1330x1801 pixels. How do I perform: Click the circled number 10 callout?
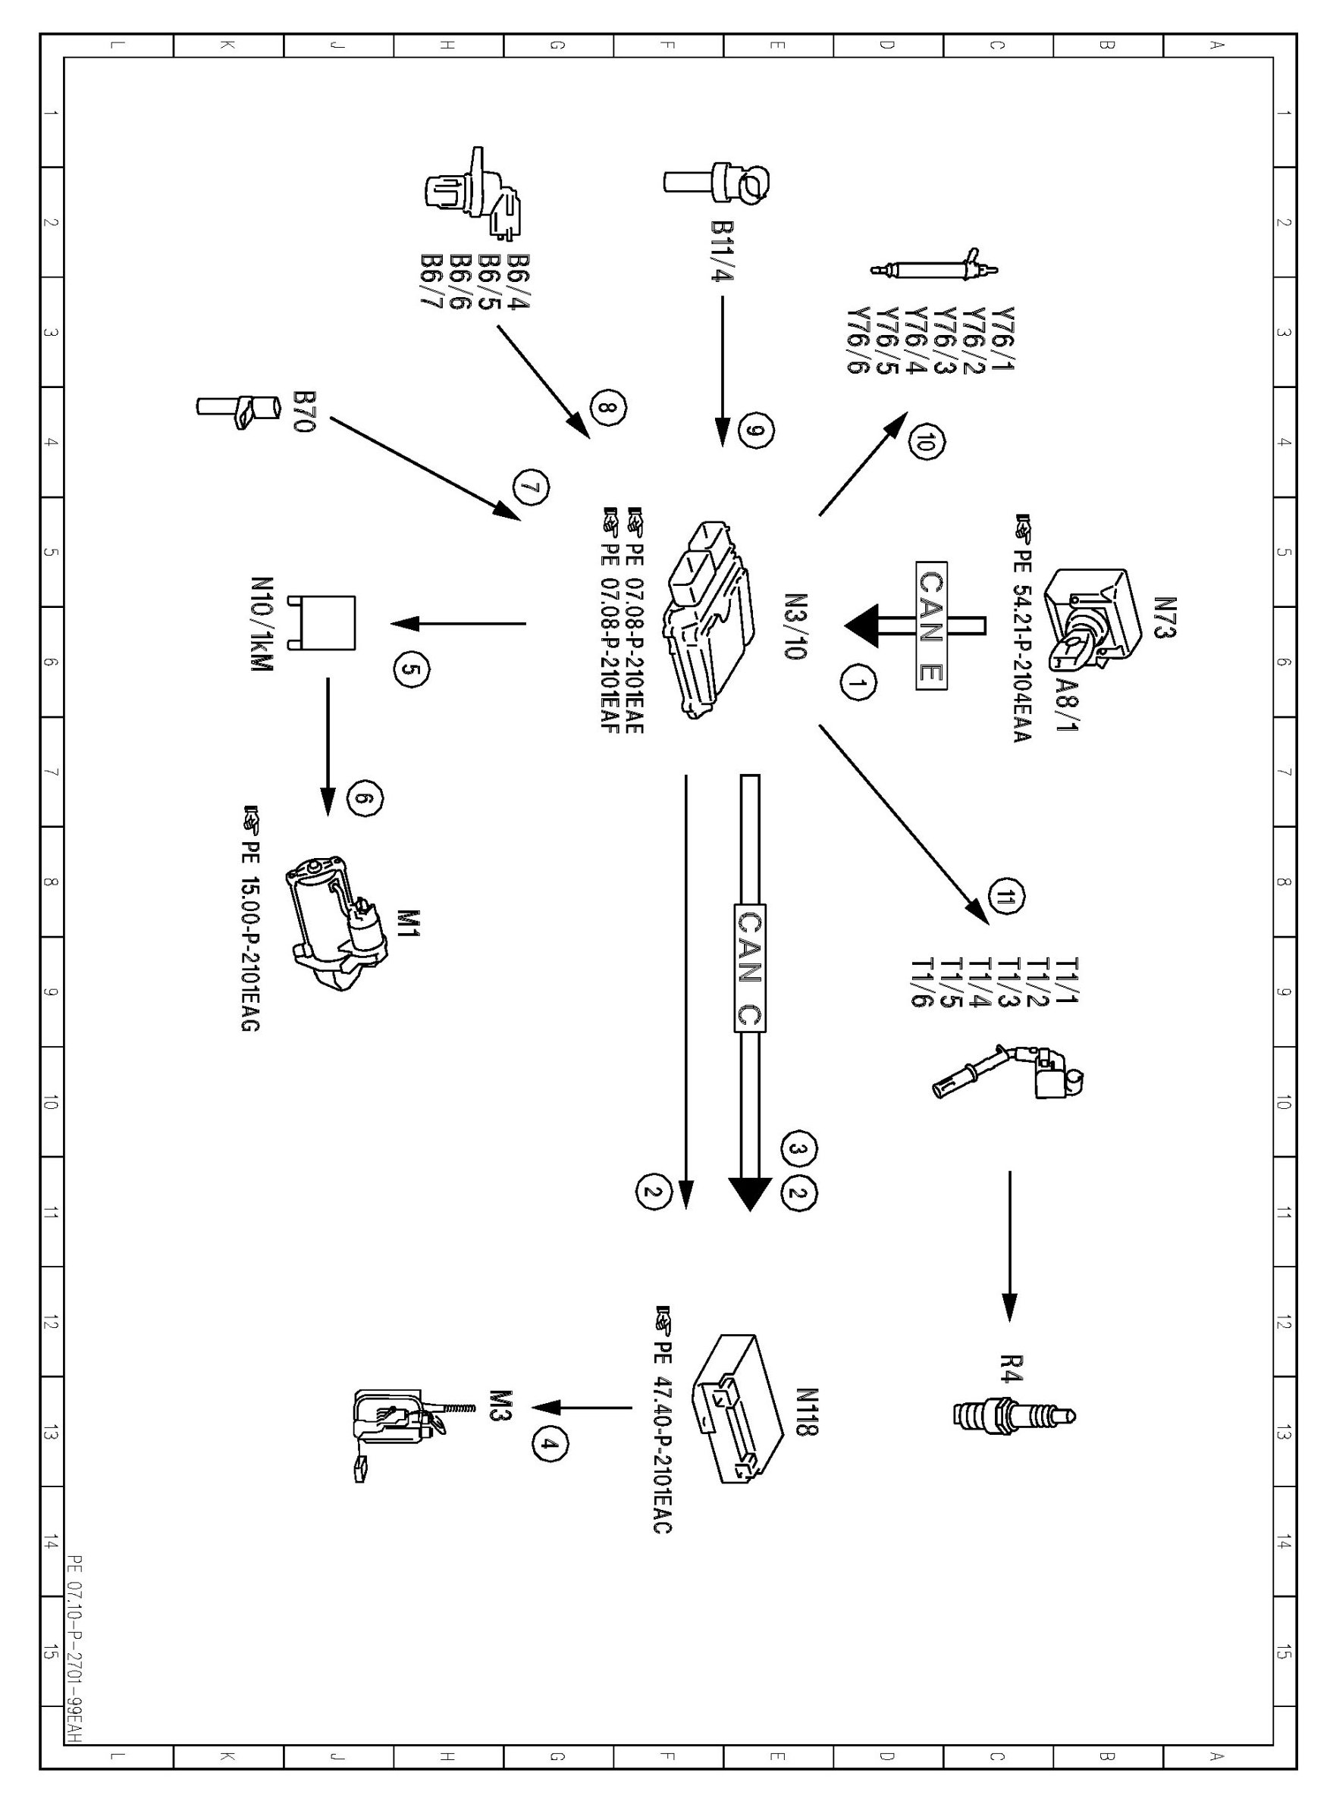coord(927,442)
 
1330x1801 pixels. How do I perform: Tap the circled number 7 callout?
coord(532,488)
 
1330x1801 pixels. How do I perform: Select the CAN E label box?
coord(931,625)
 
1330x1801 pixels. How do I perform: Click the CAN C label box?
coord(749,967)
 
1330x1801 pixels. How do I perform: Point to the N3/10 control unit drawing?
coord(709,618)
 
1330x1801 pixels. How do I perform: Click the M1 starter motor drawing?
coord(336,925)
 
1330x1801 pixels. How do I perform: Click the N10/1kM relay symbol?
coord(326,623)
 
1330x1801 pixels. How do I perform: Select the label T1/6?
coord(921,982)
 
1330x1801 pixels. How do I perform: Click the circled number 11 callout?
coord(1006,898)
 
